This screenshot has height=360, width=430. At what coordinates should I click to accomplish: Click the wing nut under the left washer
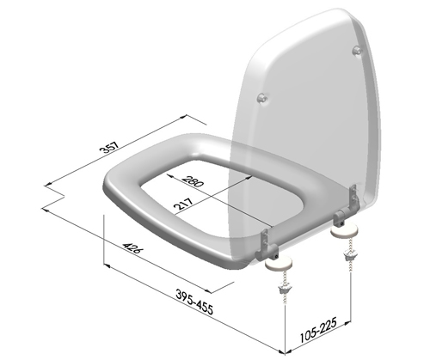click(x=281, y=296)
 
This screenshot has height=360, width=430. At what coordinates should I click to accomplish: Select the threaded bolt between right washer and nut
click(x=348, y=245)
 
